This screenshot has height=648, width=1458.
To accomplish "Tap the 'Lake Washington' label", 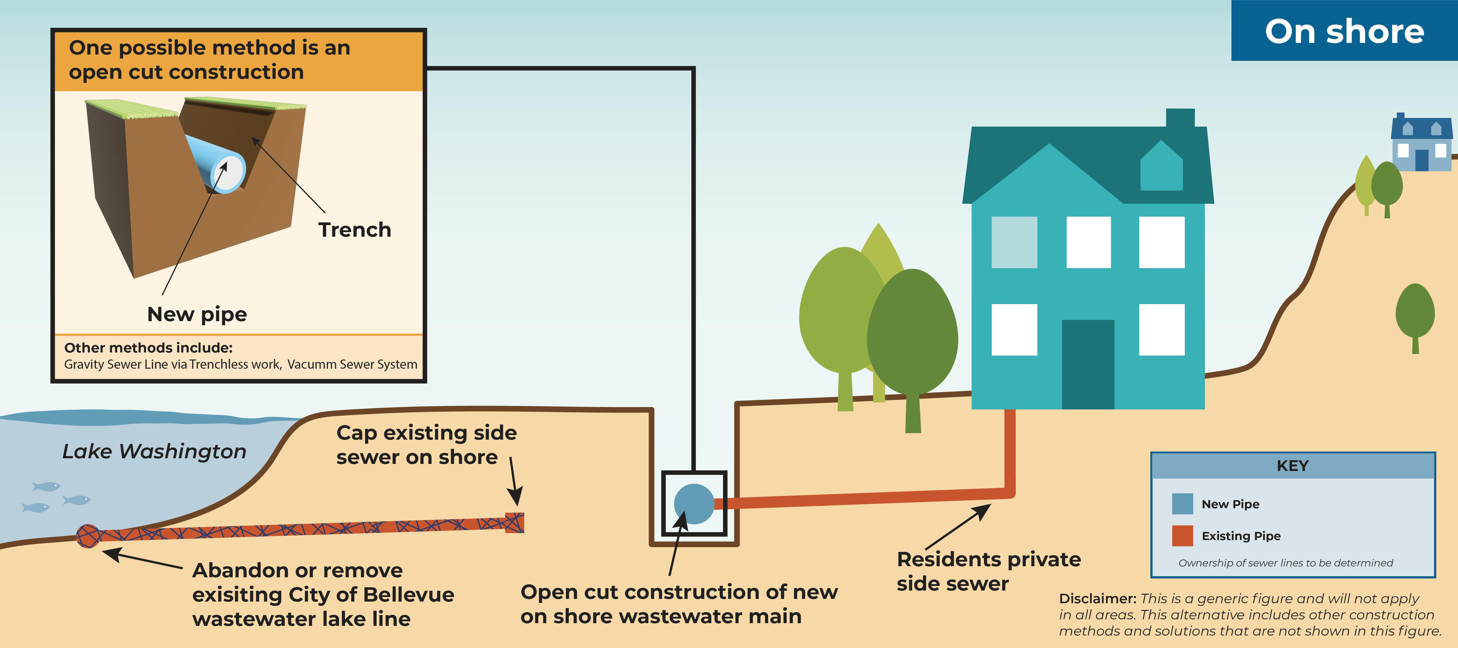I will tap(154, 451).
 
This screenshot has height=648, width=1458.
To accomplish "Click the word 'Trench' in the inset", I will tap(354, 230).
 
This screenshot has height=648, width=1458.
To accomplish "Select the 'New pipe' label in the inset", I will tap(197, 314).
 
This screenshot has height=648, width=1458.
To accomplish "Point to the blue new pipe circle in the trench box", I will tap(694, 503).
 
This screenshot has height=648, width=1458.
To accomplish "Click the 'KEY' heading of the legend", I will tap(1293, 466).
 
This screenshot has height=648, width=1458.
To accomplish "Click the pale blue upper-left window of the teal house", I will tap(1014, 242).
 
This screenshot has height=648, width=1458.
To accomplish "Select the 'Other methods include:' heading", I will tap(148, 348).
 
